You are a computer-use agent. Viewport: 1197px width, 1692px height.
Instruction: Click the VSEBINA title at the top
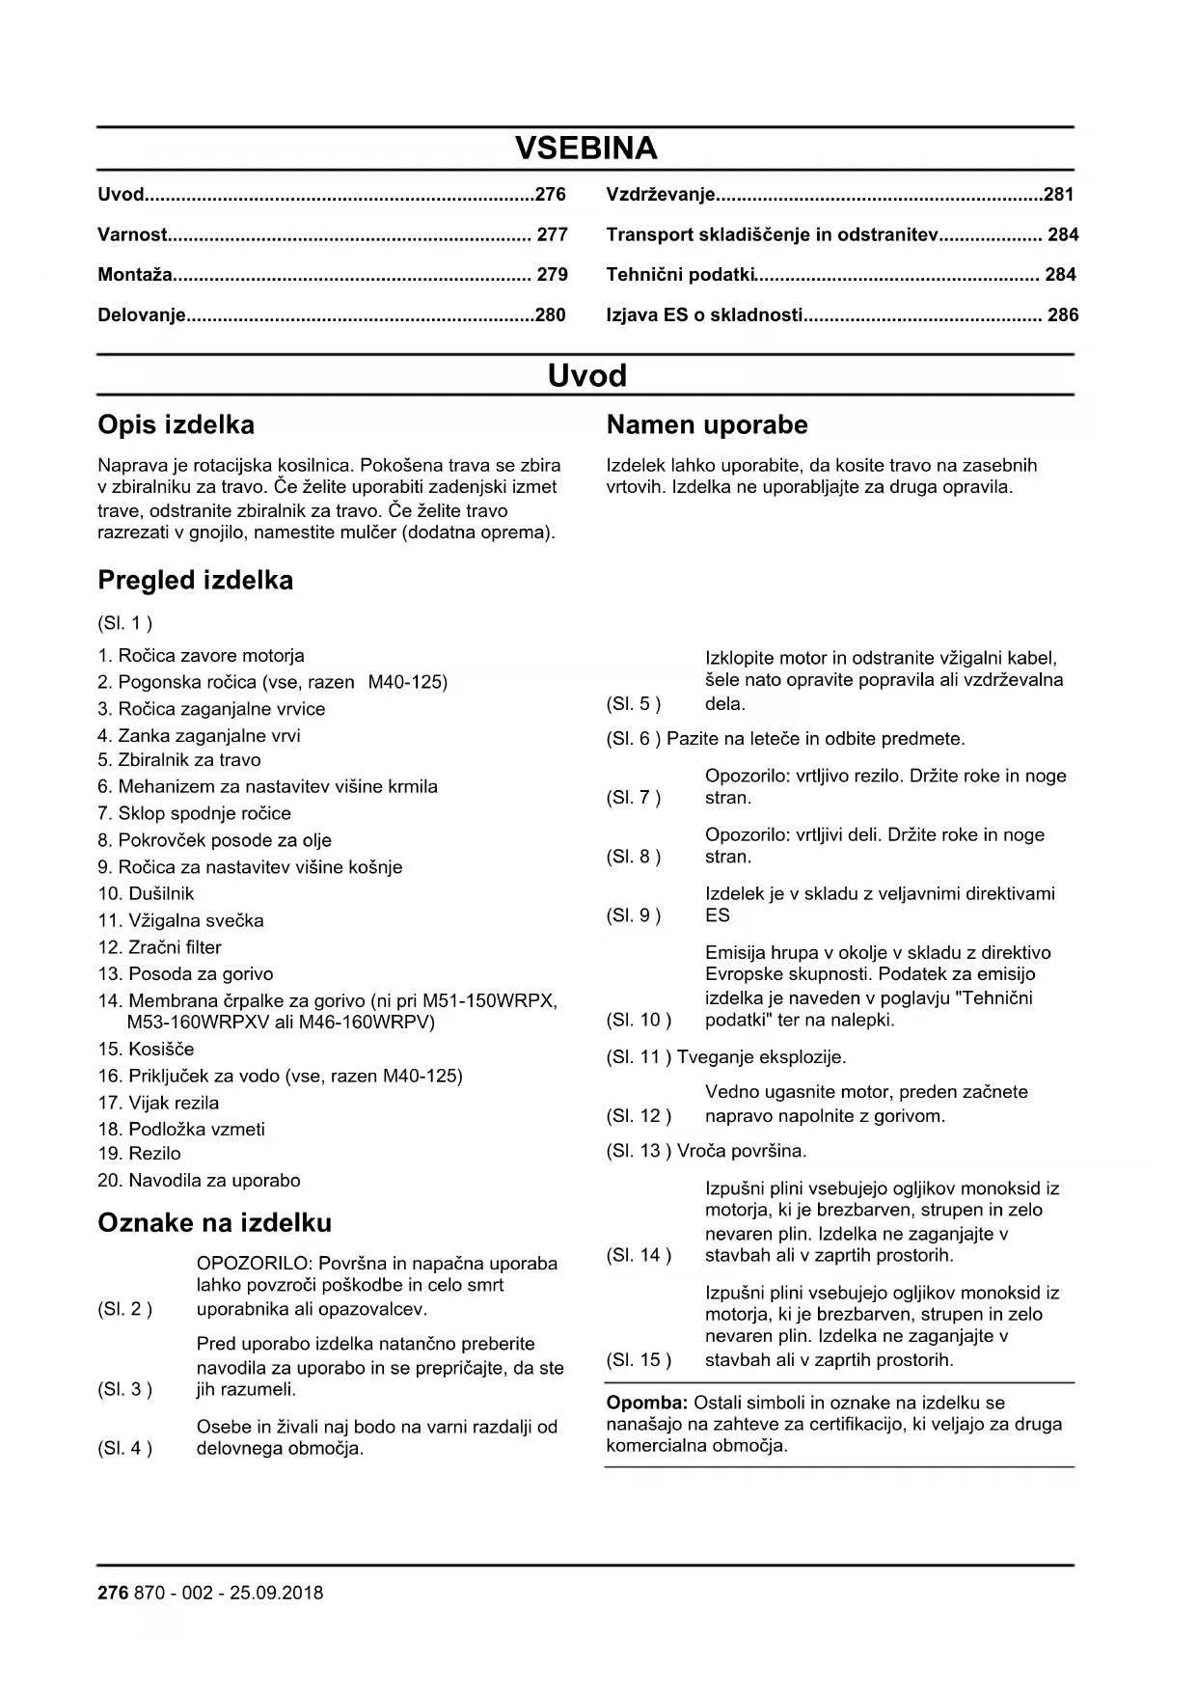pos(585,149)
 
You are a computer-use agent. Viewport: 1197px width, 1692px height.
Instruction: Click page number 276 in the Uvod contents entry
pos(550,195)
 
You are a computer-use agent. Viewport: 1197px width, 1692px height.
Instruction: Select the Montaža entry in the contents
pos(135,275)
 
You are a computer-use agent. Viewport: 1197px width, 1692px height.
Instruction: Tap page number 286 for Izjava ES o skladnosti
pos(1062,315)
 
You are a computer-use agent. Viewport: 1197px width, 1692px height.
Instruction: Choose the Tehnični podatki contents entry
pos(679,275)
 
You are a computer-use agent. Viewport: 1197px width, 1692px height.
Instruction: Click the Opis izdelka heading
pos(177,425)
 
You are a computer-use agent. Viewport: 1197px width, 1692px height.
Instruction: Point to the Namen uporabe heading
pos(707,425)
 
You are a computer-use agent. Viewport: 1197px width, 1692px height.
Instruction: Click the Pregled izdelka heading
pos(195,581)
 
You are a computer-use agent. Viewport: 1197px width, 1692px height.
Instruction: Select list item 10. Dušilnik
pos(146,894)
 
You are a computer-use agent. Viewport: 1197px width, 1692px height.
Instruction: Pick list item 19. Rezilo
pos(139,1154)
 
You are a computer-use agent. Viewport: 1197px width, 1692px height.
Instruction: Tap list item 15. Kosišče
pos(146,1050)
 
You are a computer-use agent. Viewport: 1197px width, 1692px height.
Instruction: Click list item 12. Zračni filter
pos(159,948)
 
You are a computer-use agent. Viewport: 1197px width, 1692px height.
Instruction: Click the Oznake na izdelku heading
pos(214,1223)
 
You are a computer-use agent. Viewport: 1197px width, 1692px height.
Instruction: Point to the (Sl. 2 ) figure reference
pos(124,1310)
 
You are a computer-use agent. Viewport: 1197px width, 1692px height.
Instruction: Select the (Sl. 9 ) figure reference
pos(634,916)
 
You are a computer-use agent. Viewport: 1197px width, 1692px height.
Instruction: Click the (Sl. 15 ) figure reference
pos(639,1361)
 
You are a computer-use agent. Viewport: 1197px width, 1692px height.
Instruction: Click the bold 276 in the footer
pos(113,1594)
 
